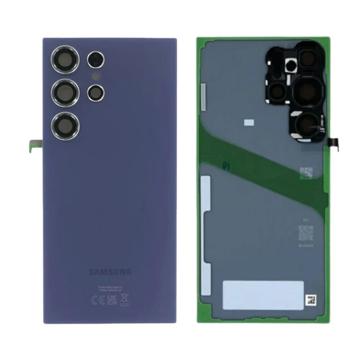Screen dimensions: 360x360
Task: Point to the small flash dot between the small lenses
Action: tap(94, 77)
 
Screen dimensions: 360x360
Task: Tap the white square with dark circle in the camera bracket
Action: tap(291, 65)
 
